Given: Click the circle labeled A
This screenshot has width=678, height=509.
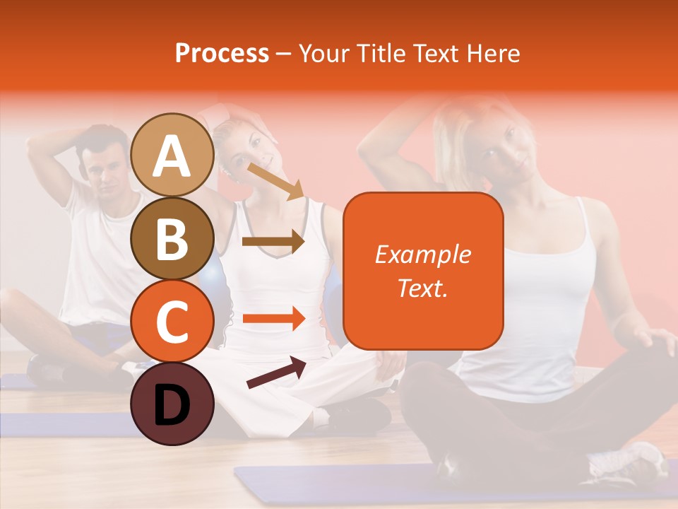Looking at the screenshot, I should pyautogui.click(x=172, y=156).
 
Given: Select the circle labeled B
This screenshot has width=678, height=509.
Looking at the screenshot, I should pyautogui.click(x=172, y=239).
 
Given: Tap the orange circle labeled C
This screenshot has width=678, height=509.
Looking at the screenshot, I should pyautogui.click(x=172, y=322).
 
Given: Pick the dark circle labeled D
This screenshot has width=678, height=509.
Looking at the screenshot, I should pyautogui.click(x=172, y=404).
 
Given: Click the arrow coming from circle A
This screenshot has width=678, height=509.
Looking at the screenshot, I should pyautogui.click(x=275, y=182).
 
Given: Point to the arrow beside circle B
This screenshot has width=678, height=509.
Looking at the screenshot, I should pyautogui.click(x=273, y=242).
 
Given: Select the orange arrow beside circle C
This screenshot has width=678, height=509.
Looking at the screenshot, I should pyautogui.click(x=273, y=319).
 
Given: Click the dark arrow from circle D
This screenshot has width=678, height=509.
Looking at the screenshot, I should pyautogui.click(x=276, y=373).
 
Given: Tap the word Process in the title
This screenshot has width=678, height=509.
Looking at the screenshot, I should pyautogui.click(x=222, y=54).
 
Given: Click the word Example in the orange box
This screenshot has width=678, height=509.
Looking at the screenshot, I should pyautogui.click(x=422, y=255).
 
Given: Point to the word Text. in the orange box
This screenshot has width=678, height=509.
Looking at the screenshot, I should pyautogui.click(x=422, y=288).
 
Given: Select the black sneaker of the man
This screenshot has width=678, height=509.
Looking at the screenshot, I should pyautogui.click(x=47, y=368).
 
